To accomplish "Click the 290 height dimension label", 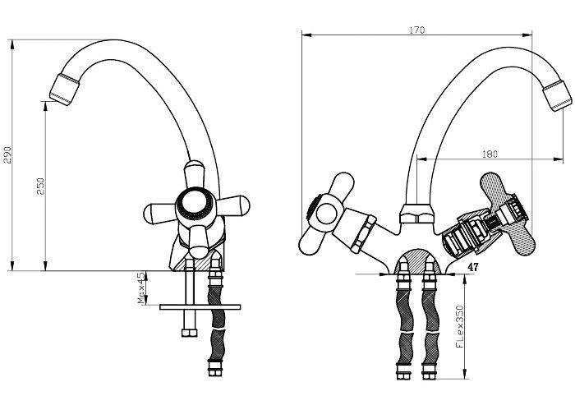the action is tap(7, 154).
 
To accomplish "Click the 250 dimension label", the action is tap(40, 186).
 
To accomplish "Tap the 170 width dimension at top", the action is tap(417, 30).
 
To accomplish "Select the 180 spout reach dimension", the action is tap(490, 154).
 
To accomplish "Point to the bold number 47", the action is tap(472, 267).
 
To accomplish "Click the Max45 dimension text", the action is tap(141, 288).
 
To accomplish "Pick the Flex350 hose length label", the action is tap(459, 326).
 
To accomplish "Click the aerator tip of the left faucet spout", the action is tap(65, 89).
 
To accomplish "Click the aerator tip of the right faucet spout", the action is tap(558, 95).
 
